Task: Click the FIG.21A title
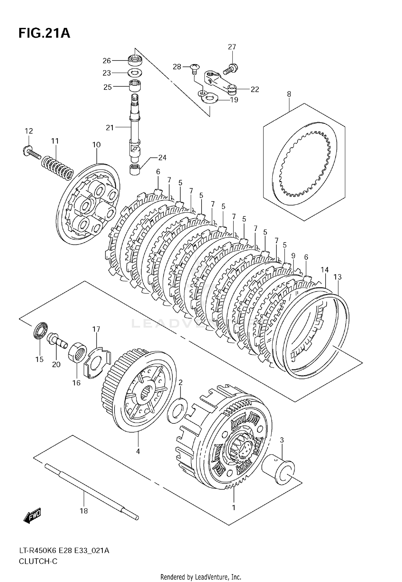click(44, 33)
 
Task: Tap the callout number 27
click(232, 47)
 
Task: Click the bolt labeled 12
click(31, 151)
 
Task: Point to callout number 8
click(289, 94)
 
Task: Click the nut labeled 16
click(78, 353)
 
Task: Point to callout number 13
click(338, 277)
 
